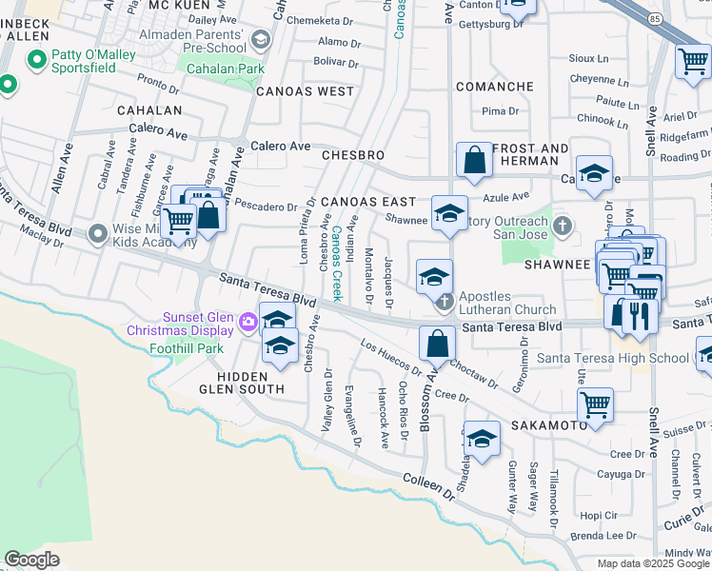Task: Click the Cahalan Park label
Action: point(225,69)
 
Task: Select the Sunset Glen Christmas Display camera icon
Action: point(247,322)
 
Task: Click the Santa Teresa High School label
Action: point(612,358)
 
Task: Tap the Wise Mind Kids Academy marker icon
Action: point(98,233)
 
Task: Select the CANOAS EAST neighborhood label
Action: point(367,202)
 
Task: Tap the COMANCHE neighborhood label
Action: point(494,87)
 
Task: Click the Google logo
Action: point(31,560)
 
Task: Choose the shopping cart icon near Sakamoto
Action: point(595,404)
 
